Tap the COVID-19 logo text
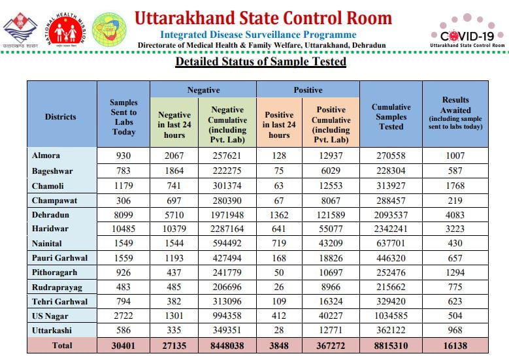click(x=467, y=36)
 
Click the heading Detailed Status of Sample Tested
click(x=260, y=62)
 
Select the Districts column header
click(x=61, y=117)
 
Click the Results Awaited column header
click(x=455, y=114)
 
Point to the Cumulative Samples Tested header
click(x=391, y=117)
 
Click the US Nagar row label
click(x=52, y=316)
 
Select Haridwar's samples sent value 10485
click(x=123, y=229)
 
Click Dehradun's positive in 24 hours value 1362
click(x=279, y=214)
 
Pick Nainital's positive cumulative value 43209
click(x=331, y=243)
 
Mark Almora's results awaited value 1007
click(x=455, y=155)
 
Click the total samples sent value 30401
click(x=123, y=345)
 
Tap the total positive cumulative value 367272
click(x=331, y=345)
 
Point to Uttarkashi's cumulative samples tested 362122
click(x=391, y=331)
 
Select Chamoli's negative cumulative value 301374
click(x=227, y=185)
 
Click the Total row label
click(x=62, y=345)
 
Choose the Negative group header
click(x=203, y=90)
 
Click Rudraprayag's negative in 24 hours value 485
click(x=174, y=287)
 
